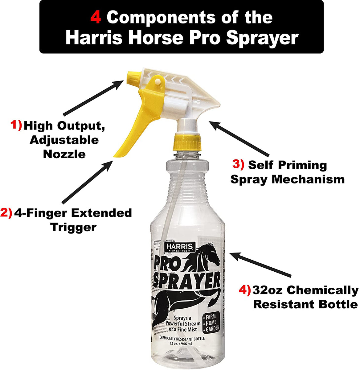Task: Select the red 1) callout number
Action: point(17,125)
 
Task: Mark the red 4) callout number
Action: point(245,290)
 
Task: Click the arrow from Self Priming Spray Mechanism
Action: point(240,139)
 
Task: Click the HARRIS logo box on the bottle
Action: point(180,247)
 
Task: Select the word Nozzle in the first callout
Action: point(64,154)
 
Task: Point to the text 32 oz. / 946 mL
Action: point(182,343)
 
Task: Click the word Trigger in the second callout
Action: point(73,227)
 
